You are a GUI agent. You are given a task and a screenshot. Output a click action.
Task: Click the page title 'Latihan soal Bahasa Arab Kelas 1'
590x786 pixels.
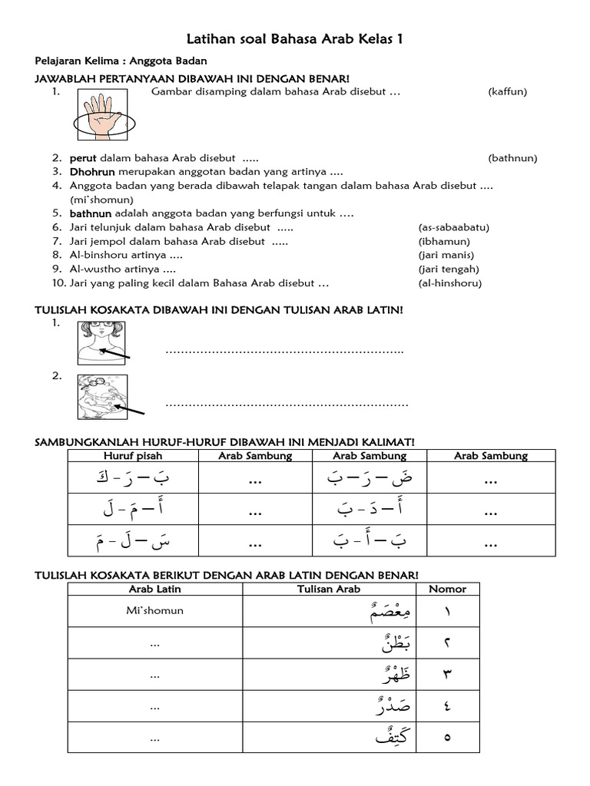[x=295, y=39]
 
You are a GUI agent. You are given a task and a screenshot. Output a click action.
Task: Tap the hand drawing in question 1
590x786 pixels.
[x=104, y=114]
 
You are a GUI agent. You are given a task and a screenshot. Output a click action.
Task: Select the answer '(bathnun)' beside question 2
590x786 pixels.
[x=512, y=158]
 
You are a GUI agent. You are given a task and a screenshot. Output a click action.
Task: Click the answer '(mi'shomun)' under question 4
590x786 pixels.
[x=97, y=200]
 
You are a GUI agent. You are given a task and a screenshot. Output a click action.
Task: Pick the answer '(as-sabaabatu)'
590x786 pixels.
[x=453, y=227]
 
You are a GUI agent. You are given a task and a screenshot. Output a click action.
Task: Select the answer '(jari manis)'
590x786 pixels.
[x=446, y=255]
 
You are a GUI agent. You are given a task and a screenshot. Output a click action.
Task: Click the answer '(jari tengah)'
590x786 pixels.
[x=449, y=269]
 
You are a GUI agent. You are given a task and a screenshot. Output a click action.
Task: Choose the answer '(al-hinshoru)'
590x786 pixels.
[x=449, y=282]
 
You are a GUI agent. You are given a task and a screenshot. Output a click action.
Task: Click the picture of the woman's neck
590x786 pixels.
[x=102, y=342]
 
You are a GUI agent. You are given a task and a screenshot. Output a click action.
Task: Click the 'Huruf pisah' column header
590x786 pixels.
[x=133, y=456]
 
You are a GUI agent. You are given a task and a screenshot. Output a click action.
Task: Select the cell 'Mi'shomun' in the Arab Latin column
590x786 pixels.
[x=155, y=612]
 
